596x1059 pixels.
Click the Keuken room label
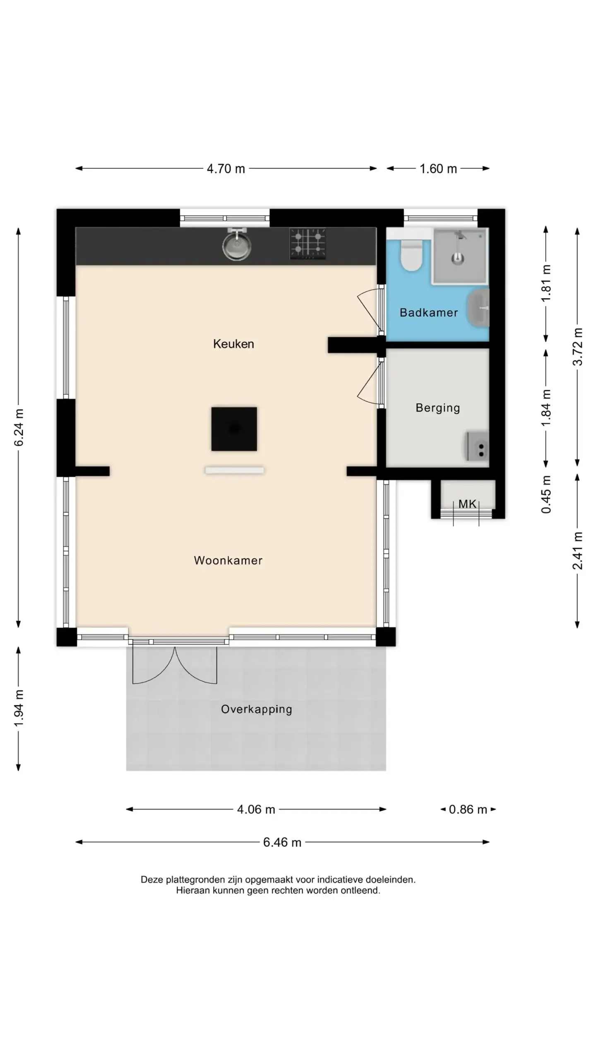click(x=233, y=344)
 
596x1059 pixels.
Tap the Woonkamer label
click(x=228, y=561)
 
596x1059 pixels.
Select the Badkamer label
click(x=429, y=313)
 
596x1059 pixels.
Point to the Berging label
click(x=437, y=408)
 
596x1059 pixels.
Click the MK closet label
click(x=467, y=504)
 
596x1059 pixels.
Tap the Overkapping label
click(x=257, y=709)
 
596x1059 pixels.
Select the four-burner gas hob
click(x=308, y=244)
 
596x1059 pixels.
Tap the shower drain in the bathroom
click(x=457, y=259)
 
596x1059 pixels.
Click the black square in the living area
click(x=234, y=429)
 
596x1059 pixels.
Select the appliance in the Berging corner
click(x=478, y=446)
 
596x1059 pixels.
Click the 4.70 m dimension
click(x=226, y=169)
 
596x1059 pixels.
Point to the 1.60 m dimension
click(x=438, y=169)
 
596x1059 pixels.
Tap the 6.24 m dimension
click(x=19, y=427)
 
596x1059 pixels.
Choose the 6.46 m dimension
click(x=282, y=842)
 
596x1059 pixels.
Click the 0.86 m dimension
click(x=468, y=810)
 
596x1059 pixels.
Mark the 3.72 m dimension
click(x=578, y=347)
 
